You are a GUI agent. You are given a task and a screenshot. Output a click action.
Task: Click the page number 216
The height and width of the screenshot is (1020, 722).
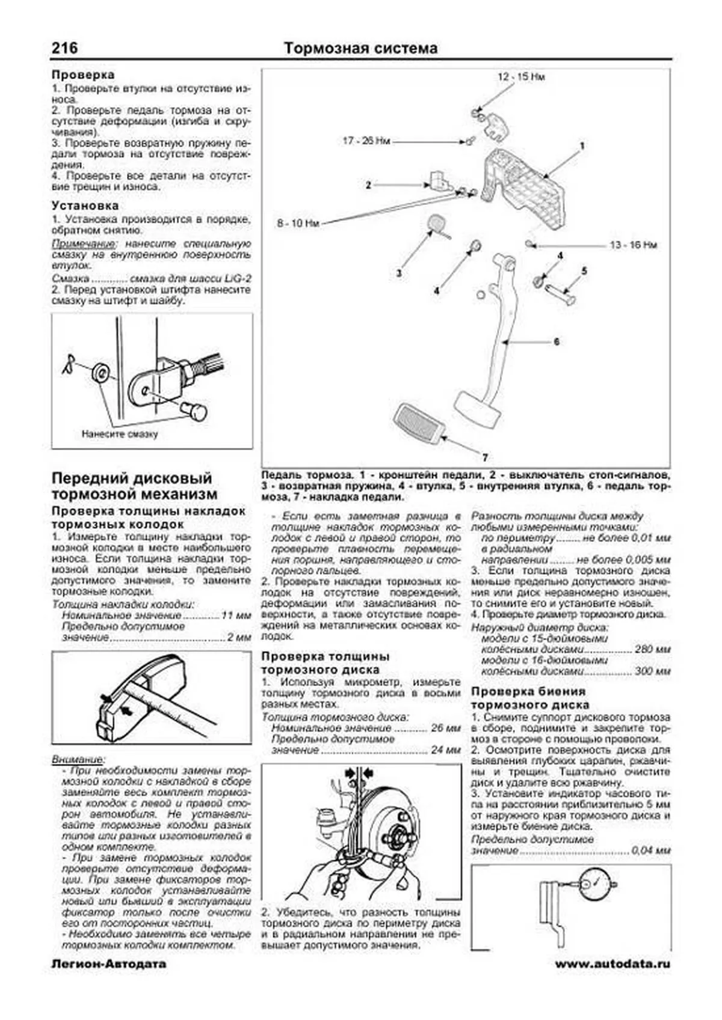[x=64, y=48]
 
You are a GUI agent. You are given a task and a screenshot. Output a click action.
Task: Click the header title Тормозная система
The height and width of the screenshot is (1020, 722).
[x=360, y=48]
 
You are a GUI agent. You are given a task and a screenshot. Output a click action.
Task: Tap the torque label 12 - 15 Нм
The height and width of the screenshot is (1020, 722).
[x=521, y=78]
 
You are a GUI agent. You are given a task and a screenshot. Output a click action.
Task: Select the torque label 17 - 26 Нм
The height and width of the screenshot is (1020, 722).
[x=366, y=141]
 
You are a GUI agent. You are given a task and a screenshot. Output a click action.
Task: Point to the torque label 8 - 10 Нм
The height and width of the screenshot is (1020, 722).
[x=297, y=224]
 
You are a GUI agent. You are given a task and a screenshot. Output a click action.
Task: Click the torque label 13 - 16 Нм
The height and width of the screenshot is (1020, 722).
[x=633, y=245]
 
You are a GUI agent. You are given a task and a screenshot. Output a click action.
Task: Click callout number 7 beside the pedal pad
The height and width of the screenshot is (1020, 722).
[x=485, y=457]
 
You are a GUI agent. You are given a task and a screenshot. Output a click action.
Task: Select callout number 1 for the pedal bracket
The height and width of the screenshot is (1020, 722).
[x=582, y=145]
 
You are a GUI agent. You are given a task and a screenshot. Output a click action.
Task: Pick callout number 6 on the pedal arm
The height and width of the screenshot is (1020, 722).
[x=557, y=341]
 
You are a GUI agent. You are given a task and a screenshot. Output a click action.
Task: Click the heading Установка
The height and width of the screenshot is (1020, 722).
[x=85, y=206]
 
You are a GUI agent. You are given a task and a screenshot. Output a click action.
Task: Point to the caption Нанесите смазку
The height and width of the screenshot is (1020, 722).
[x=120, y=433]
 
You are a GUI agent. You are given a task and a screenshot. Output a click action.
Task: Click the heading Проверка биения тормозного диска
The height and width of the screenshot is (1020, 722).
[x=529, y=698]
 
